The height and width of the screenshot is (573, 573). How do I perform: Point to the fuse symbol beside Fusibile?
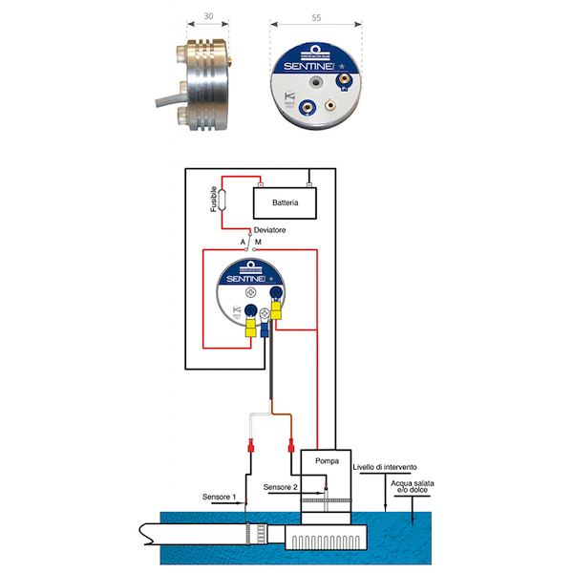pos(223,201)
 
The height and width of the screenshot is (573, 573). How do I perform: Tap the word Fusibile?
pos(214,199)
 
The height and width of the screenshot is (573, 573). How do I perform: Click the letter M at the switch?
pos(258,243)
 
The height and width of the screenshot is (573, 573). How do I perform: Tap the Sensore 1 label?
pos(219,497)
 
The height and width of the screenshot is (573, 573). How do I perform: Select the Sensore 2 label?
pos(282,487)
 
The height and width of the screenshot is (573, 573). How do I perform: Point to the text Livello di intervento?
pos(384,467)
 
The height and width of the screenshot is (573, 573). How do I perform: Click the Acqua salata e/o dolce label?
pos(412,490)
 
